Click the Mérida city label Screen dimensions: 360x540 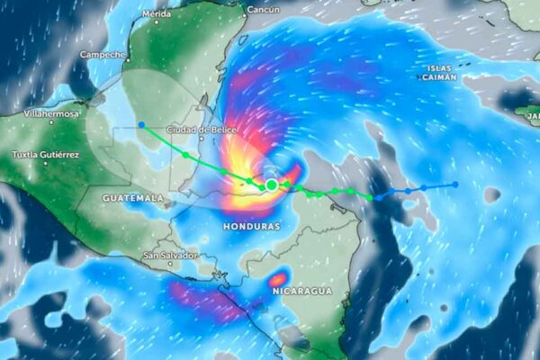point(157,14)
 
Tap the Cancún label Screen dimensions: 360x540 point(263,10)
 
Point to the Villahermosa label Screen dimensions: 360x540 point(53,114)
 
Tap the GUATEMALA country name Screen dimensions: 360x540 point(132,197)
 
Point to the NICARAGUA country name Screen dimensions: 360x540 point(304,292)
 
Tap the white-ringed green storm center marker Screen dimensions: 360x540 point(272,184)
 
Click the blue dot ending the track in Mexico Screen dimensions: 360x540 point(141,124)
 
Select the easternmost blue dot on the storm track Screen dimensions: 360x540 point(455,184)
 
